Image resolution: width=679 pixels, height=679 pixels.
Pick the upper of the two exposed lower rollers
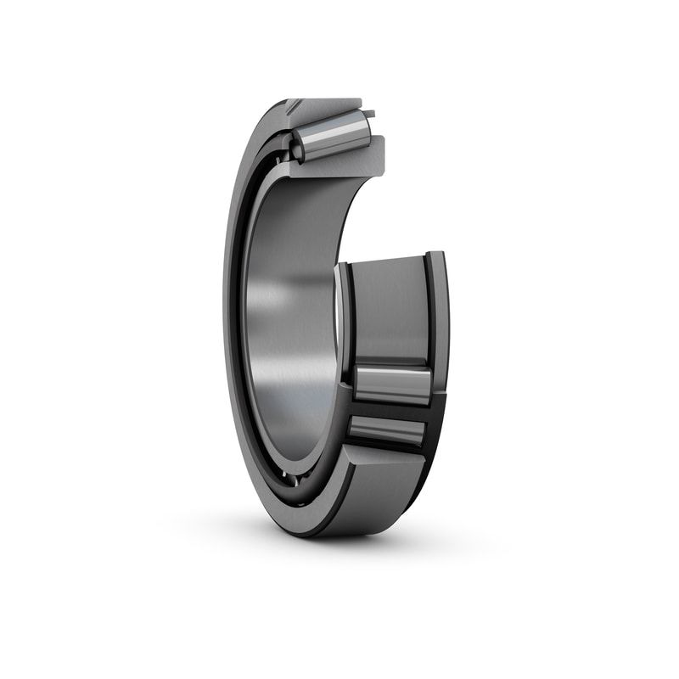click(392, 384)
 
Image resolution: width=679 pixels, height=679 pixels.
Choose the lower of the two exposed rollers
click(386, 432)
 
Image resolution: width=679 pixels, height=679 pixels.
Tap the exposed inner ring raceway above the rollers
click(389, 310)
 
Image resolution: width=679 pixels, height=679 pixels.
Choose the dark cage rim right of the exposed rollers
click(435, 407)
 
